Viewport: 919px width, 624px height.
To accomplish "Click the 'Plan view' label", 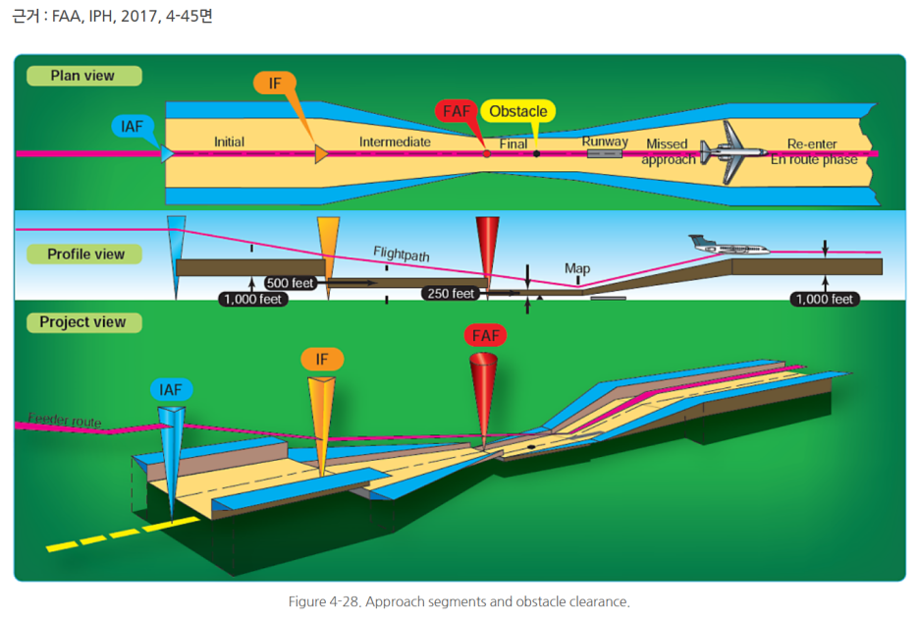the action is [82, 76].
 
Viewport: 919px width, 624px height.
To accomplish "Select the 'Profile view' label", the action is [85, 254].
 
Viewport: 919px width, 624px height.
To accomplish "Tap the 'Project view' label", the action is [82, 322].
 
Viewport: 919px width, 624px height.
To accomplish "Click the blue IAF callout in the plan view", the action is [132, 127].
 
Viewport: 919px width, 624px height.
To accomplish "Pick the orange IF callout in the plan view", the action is [274, 83].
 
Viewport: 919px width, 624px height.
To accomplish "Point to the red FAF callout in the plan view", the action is [457, 111].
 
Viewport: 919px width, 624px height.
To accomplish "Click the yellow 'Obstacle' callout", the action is [517, 111].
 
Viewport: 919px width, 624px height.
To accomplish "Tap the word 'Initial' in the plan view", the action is [229, 142].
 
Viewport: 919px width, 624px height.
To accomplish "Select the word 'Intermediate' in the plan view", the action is [395, 142].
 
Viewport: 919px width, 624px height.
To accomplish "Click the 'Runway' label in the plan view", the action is [605, 142].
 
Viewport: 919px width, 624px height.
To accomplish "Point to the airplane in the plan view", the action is [732, 152].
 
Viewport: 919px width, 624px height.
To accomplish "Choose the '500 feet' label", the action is [290, 283].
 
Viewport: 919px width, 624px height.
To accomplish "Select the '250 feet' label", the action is [451, 293].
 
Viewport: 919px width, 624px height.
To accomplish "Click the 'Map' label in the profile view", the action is [577, 268].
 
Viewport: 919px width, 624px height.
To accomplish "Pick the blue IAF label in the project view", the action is [171, 389].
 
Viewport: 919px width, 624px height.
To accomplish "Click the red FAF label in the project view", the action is [486, 336].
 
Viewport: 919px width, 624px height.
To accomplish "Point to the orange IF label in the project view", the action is [322, 360].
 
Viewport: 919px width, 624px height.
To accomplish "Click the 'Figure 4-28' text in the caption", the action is [324, 601].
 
